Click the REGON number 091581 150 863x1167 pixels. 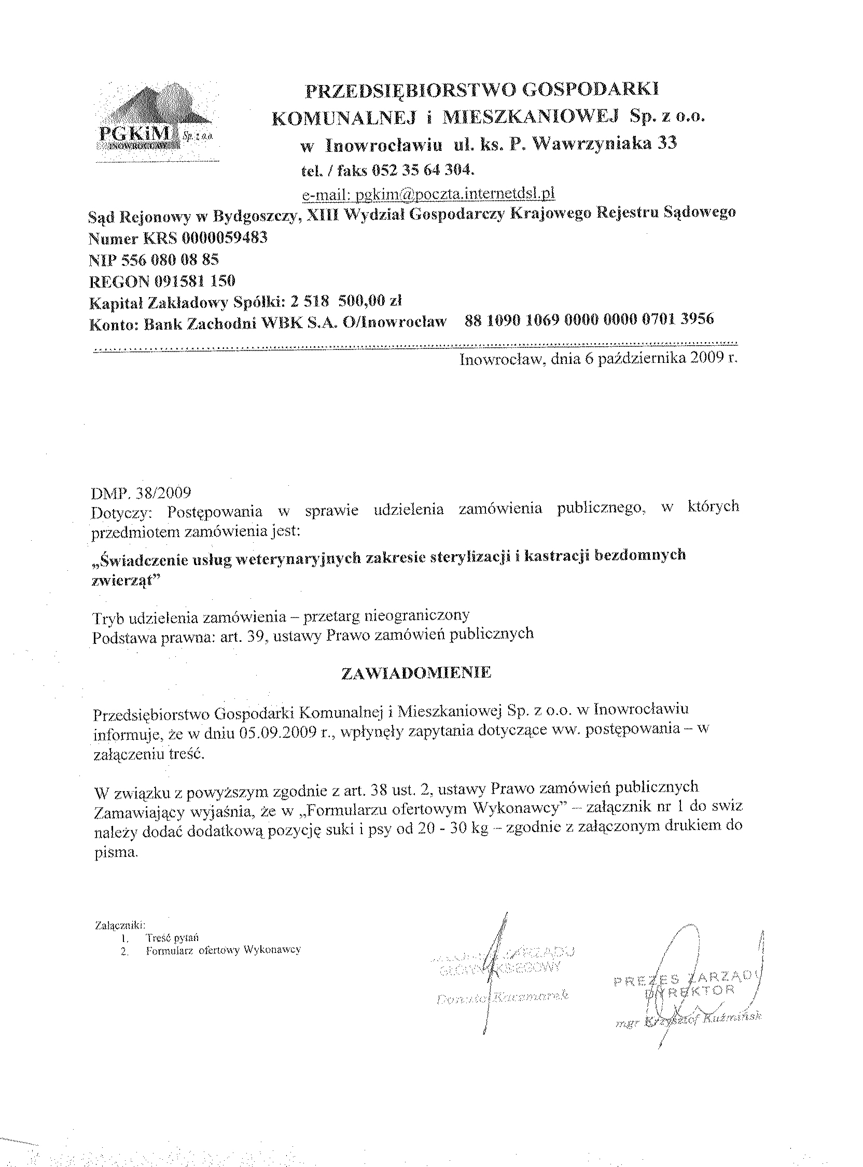[194, 281]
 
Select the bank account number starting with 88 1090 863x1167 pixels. [589, 319]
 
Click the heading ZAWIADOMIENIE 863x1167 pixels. [416, 673]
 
